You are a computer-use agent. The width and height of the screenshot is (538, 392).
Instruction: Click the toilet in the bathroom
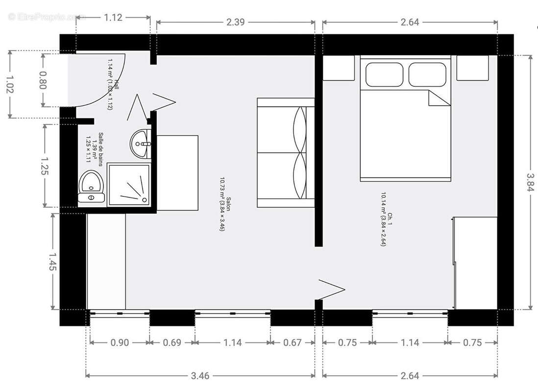[91, 186]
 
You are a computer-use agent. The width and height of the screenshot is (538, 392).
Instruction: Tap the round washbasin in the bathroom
[141, 144]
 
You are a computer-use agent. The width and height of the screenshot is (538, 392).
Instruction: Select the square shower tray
[128, 185]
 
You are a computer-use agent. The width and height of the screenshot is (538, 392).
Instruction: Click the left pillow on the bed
[384, 74]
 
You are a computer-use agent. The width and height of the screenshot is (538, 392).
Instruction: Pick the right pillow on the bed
[427, 74]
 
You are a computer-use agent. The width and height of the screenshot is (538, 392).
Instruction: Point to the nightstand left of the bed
[338, 68]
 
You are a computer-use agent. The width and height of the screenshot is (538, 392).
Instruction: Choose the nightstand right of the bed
[472, 68]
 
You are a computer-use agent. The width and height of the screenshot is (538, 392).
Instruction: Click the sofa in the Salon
[285, 152]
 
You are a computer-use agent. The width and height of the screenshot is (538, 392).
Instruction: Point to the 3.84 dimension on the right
[530, 182]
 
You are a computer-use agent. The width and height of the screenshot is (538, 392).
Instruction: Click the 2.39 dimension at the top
[236, 22]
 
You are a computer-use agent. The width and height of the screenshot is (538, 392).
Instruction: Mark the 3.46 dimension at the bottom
[200, 376]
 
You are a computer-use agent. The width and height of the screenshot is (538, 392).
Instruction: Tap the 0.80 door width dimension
[43, 80]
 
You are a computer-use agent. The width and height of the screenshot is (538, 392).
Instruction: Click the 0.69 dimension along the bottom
[172, 343]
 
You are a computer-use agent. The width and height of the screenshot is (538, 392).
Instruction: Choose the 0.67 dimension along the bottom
[293, 343]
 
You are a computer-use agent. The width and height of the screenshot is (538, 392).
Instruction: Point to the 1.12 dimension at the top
[113, 17]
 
